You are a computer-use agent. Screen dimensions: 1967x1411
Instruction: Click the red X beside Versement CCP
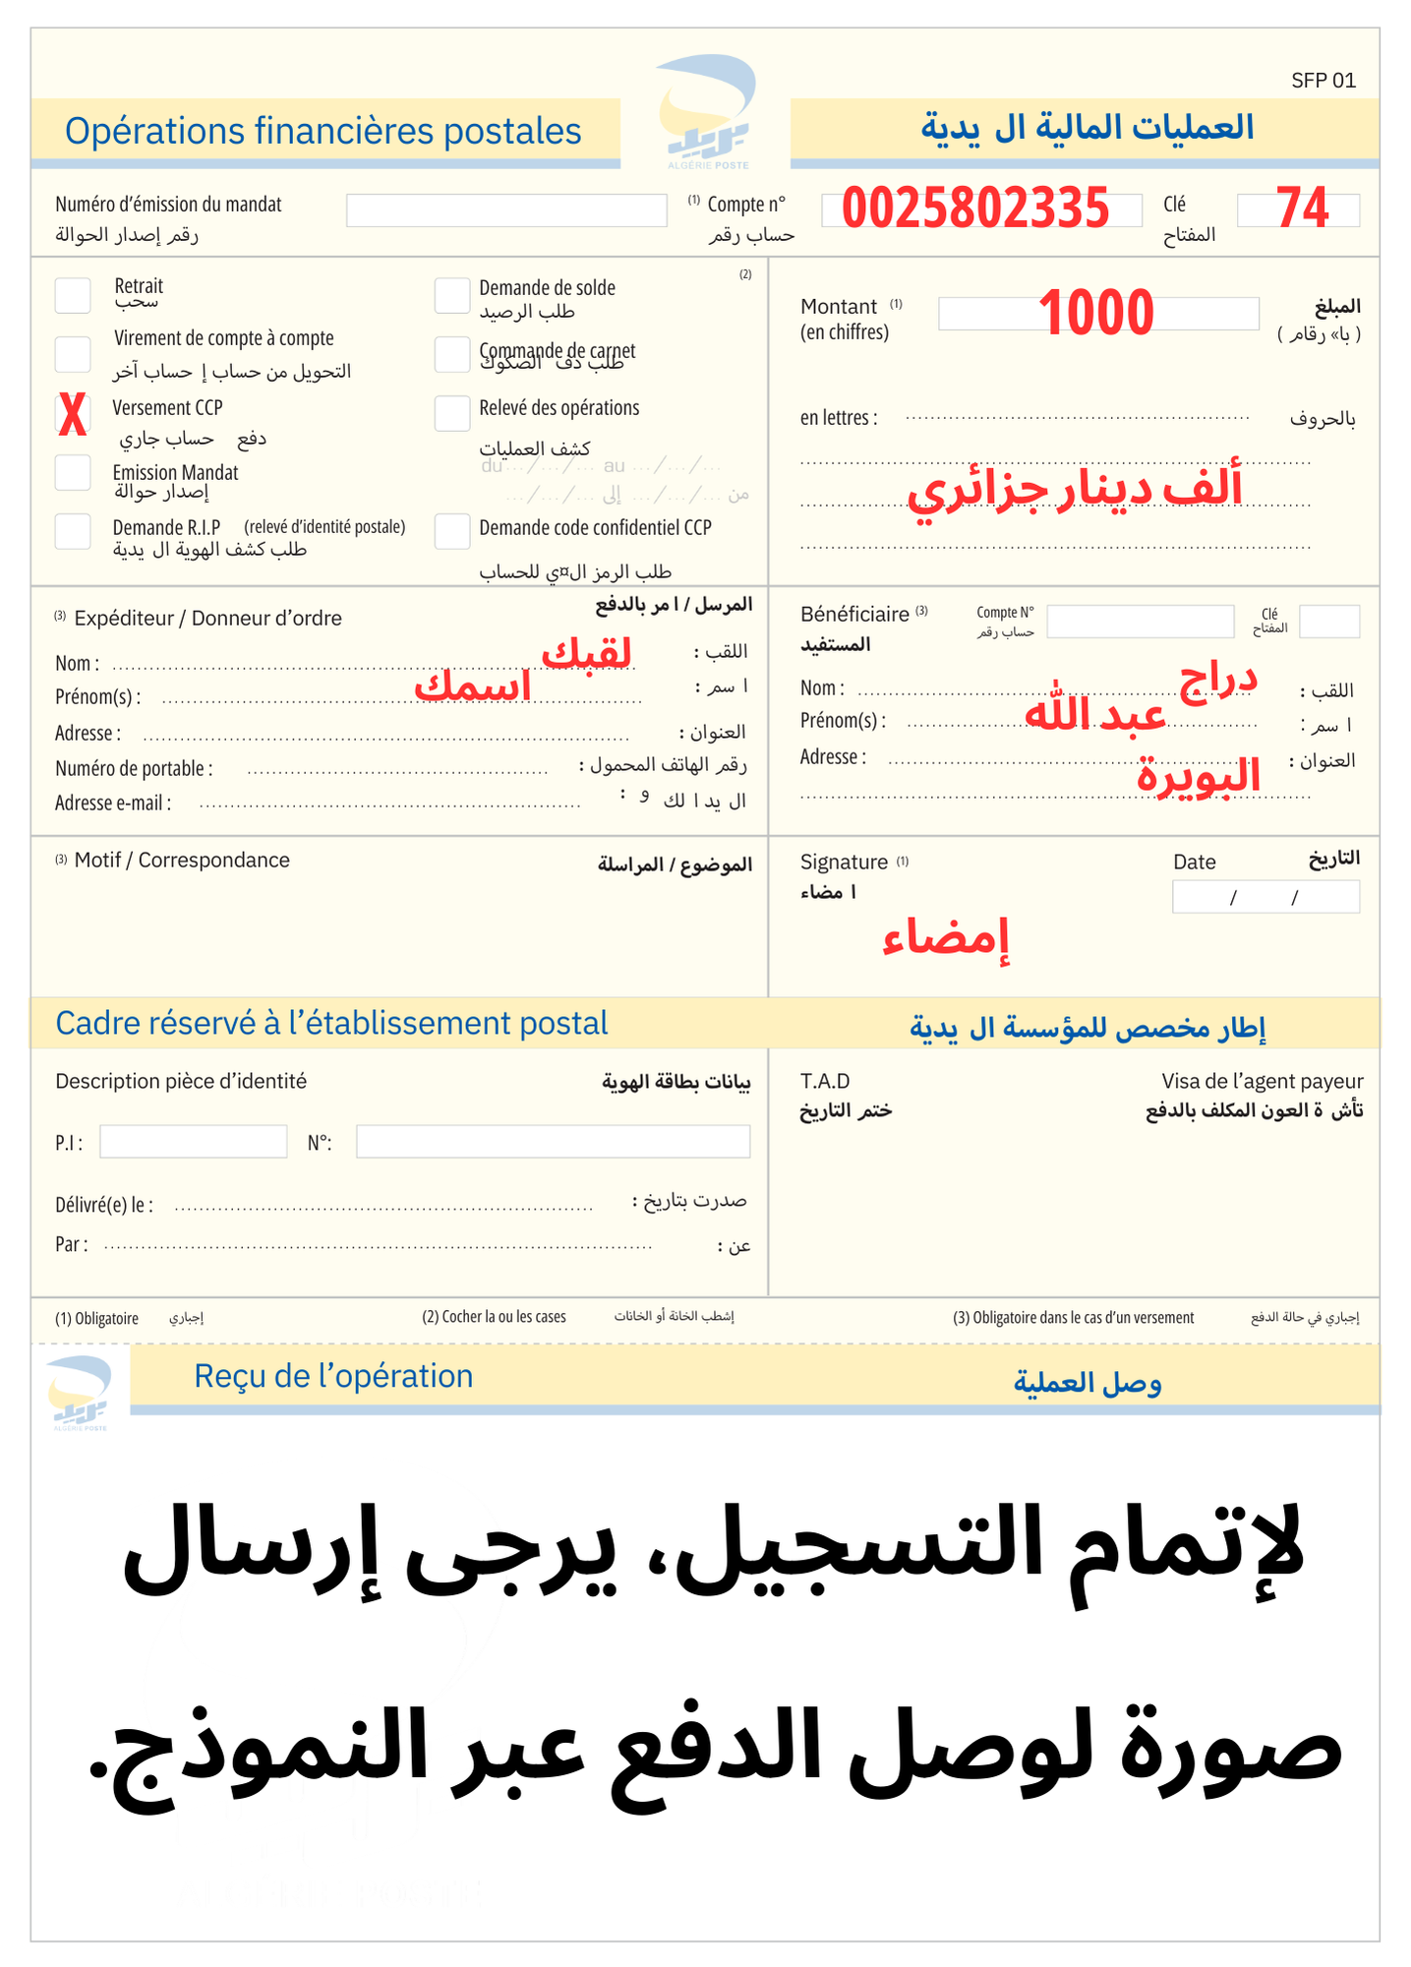click(73, 414)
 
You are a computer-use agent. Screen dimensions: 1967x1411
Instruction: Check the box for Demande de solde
click(452, 295)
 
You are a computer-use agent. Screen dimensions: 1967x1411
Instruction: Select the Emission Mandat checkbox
click(73, 473)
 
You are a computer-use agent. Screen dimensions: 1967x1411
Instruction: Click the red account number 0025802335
click(975, 209)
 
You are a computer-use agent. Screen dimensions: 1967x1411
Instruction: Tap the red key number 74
click(1302, 209)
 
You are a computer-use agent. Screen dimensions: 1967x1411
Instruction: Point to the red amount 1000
click(1096, 313)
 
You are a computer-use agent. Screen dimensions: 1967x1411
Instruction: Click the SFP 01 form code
click(1323, 81)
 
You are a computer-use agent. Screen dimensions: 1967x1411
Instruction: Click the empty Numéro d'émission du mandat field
click(506, 210)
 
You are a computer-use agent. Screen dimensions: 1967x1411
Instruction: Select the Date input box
click(1265, 897)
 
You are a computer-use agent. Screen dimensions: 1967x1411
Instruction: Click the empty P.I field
click(193, 1142)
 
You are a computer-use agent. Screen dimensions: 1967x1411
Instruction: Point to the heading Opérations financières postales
click(323, 131)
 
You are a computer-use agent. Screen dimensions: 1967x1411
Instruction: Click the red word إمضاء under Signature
click(946, 938)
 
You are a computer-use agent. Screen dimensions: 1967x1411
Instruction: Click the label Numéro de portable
click(134, 768)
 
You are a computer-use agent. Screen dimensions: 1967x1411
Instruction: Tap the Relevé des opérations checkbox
click(452, 413)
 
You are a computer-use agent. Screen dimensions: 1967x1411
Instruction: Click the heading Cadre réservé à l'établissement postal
click(331, 1023)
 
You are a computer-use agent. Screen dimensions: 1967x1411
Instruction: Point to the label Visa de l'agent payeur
click(1262, 1081)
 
